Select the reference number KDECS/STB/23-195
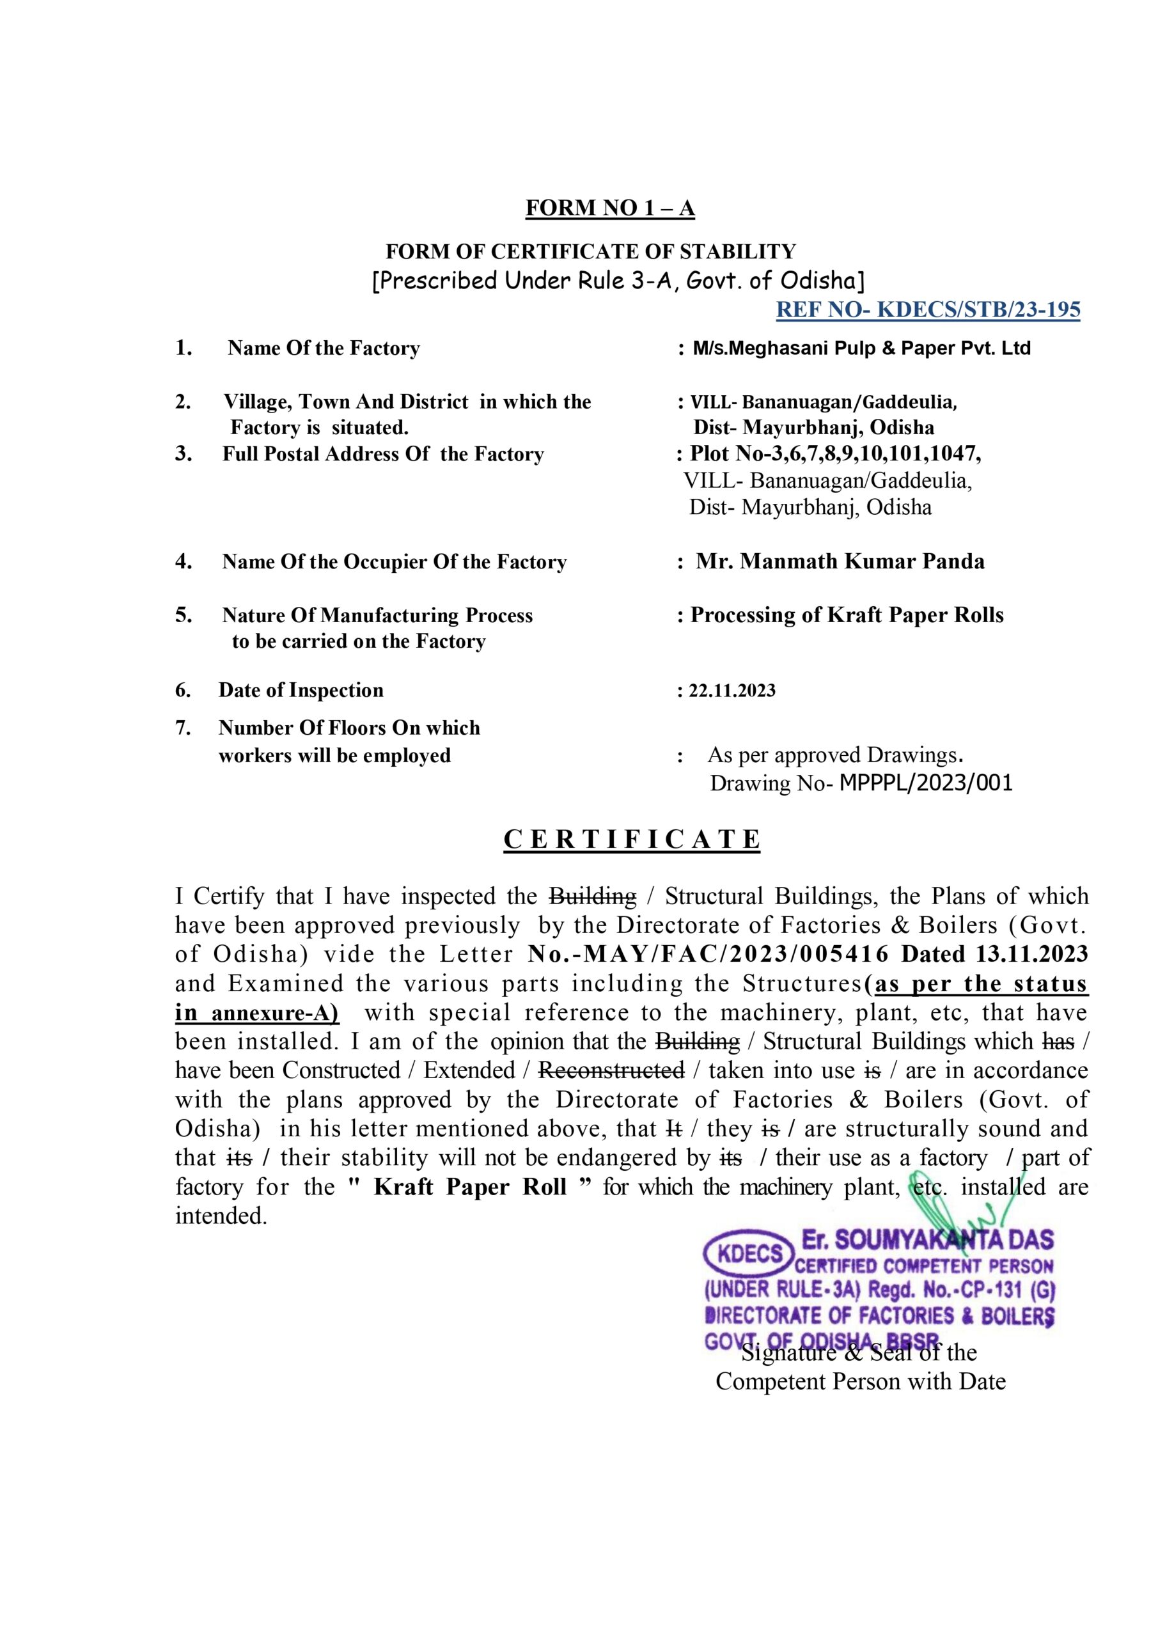(978, 309)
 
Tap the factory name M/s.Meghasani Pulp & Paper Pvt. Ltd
(861, 348)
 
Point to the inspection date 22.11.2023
(732, 690)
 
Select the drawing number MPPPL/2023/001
(925, 783)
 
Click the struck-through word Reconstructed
(611, 1070)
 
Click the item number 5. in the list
(184, 615)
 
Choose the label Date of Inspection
(301, 690)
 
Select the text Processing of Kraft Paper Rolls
(847, 615)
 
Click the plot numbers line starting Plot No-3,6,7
(835, 453)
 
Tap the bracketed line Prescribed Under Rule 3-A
(618, 280)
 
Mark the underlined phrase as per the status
(980, 984)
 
